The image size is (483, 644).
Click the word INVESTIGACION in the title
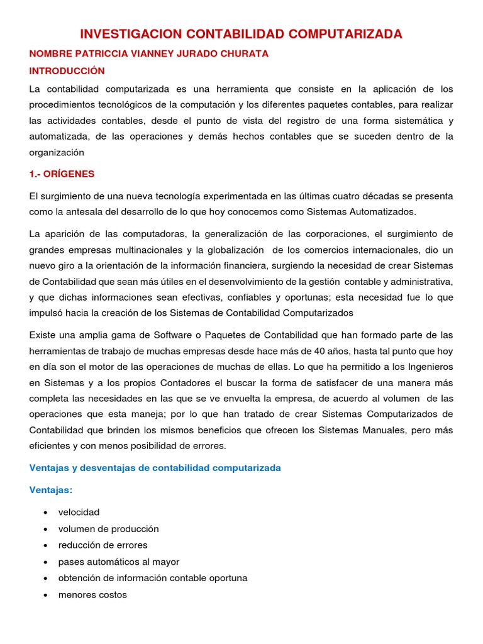click(x=123, y=34)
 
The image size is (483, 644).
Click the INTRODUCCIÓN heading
click(x=67, y=71)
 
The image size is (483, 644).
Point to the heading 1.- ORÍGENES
click(x=62, y=174)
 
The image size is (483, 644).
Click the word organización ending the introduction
click(x=57, y=152)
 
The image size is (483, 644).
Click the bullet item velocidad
click(x=79, y=513)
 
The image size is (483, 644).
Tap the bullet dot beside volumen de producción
click(x=46, y=529)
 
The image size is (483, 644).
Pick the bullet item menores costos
click(x=92, y=594)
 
